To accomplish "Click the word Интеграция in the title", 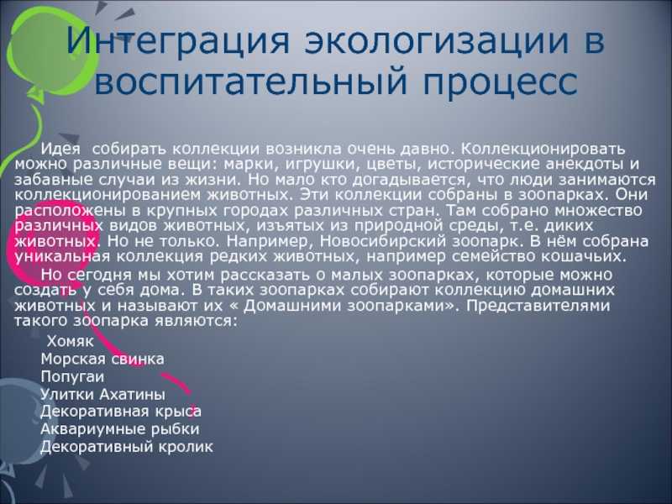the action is pyautogui.click(x=178, y=41).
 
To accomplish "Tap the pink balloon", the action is pyautogui.click(x=51, y=249).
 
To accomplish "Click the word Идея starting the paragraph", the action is pyautogui.click(x=60, y=149).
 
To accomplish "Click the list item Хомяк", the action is pyautogui.click(x=70, y=342).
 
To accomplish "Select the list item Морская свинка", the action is pyautogui.click(x=102, y=360).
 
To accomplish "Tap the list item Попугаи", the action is pyautogui.click(x=72, y=377).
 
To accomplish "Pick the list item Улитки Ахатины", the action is pyautogui.click(x=102, y=394).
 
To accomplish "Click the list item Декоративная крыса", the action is pyautogui.click(x=121, y=412).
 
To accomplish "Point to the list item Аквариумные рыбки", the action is pyautogui.click(x=120, y=429).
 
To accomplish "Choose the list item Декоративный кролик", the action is pyautogui.click(x=127, y=447).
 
